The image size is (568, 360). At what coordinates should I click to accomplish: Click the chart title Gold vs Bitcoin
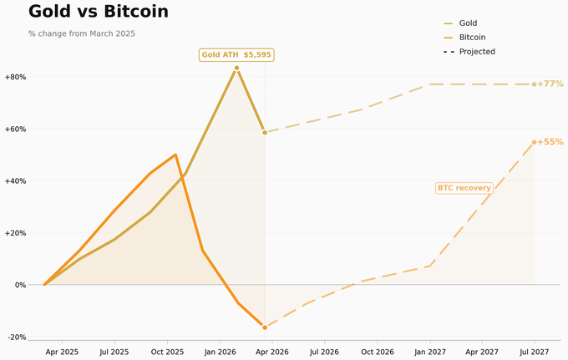[99, 12]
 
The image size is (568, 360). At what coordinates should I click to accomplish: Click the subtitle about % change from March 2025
[82, 33]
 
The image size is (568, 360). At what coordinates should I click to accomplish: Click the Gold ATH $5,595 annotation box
[236, 55]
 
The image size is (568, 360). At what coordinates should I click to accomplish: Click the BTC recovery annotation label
[464, 188]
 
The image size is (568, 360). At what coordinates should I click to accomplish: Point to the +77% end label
[550, 84]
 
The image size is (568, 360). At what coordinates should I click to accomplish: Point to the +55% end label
[550, 142]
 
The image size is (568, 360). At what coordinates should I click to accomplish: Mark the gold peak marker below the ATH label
[236, 68]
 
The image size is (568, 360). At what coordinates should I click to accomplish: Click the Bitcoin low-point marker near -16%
[265, 327]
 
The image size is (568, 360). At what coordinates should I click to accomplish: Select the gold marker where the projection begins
[265, 132]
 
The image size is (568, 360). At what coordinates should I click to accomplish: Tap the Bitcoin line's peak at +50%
[175, 155]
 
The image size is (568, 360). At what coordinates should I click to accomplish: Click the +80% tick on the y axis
[16, 77]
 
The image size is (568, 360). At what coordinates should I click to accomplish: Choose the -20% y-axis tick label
[16, 337]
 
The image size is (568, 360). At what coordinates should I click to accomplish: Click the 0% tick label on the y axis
[19, 285]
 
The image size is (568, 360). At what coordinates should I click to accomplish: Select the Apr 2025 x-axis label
[62, 352]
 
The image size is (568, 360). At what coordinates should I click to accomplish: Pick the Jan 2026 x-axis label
[220, 352]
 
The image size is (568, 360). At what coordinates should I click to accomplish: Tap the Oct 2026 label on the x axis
[377, 352]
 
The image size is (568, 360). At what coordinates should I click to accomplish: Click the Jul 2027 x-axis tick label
[534, 352]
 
